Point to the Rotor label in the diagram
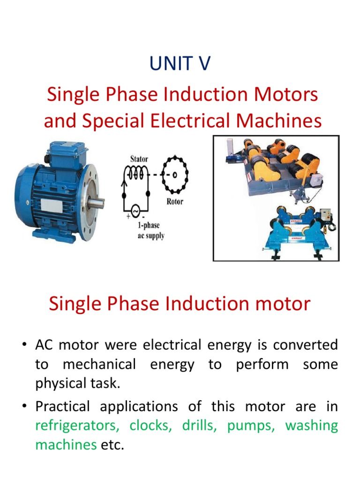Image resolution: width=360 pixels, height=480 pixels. tap(174, 202)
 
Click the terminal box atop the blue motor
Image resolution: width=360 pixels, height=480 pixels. tap(66, 153)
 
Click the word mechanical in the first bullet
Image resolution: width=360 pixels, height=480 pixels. tap(99, 365)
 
